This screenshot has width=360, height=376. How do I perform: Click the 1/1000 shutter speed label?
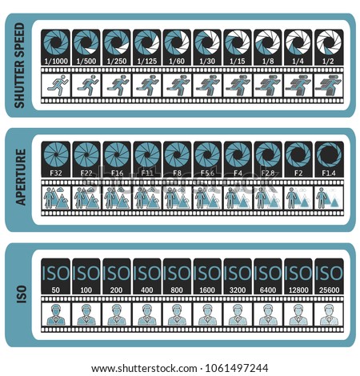[56, 62]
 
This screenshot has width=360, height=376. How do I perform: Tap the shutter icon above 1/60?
[177, 43]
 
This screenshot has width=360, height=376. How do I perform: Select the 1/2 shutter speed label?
[328, 62]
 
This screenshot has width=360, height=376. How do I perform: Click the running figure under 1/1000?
[57, 86]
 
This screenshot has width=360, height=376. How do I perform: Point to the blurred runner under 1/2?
[328, 86]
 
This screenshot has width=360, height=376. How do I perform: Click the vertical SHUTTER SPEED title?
[20, 66]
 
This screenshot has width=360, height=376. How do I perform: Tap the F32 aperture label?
[56, 174]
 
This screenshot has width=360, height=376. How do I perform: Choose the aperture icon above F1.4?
[329, 155]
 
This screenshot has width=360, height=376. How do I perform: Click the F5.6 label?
[207, 174]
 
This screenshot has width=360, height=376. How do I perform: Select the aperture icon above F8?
[177, 155]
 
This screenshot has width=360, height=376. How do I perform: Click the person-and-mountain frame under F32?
[56, 198]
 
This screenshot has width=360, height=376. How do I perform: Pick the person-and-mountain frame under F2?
[298, 198]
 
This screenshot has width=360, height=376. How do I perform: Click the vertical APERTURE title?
[20, 177]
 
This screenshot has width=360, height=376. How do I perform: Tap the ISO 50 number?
[56, 290]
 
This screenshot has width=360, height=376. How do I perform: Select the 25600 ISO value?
[330, 290]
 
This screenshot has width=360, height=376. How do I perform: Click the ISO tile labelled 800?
[177, 276]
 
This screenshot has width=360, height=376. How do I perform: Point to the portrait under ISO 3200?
[238, 314]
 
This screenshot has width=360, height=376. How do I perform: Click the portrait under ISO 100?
[86, 314]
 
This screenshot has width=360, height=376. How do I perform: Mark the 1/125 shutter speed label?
[147, 62]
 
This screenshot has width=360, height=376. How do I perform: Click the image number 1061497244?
[237, 368]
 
